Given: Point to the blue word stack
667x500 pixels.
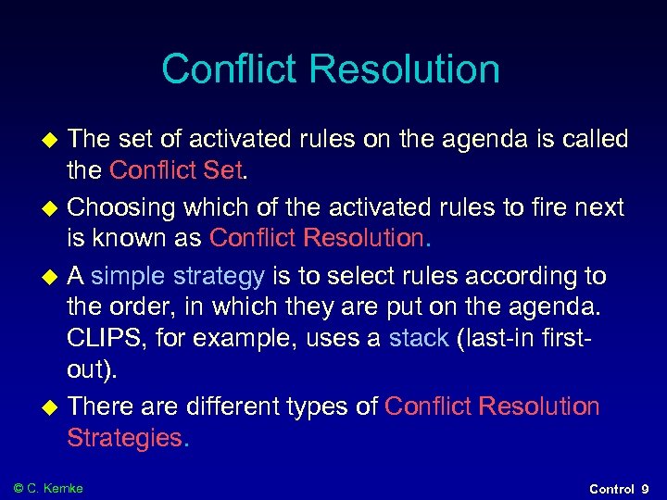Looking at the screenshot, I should click(x=419, y=338).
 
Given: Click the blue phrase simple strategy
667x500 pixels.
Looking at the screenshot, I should click(x=178, y=275).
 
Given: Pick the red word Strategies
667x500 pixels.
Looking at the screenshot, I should click(x=126, y=438).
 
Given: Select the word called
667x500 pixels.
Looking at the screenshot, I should click(x=589, y=140).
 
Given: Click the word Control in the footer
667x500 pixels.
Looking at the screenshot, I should click(x=611, y=489).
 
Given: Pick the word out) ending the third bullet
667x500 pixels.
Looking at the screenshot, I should click(x=92, y=369).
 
